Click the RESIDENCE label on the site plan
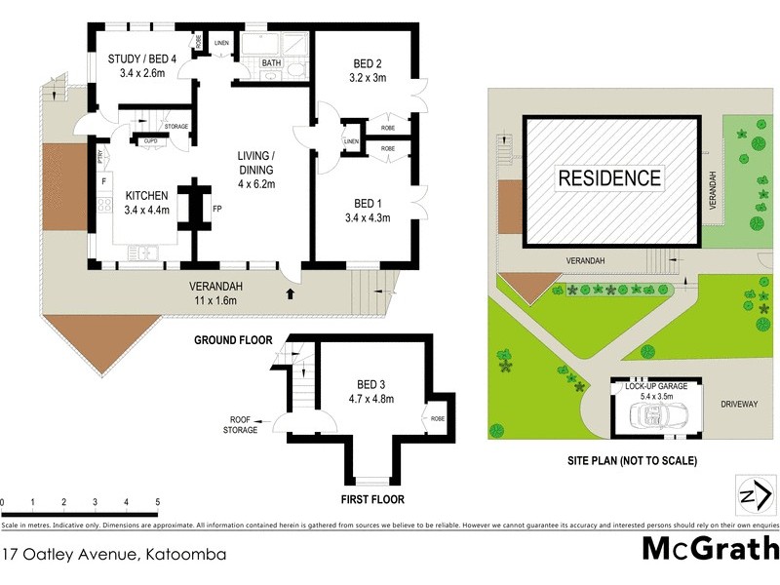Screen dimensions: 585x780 (610, 178)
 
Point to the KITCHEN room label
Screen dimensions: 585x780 (121, 196)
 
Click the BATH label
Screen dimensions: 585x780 (271, 64)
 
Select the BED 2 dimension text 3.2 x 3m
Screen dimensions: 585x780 (370, 80)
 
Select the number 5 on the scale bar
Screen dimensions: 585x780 (157, 503)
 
